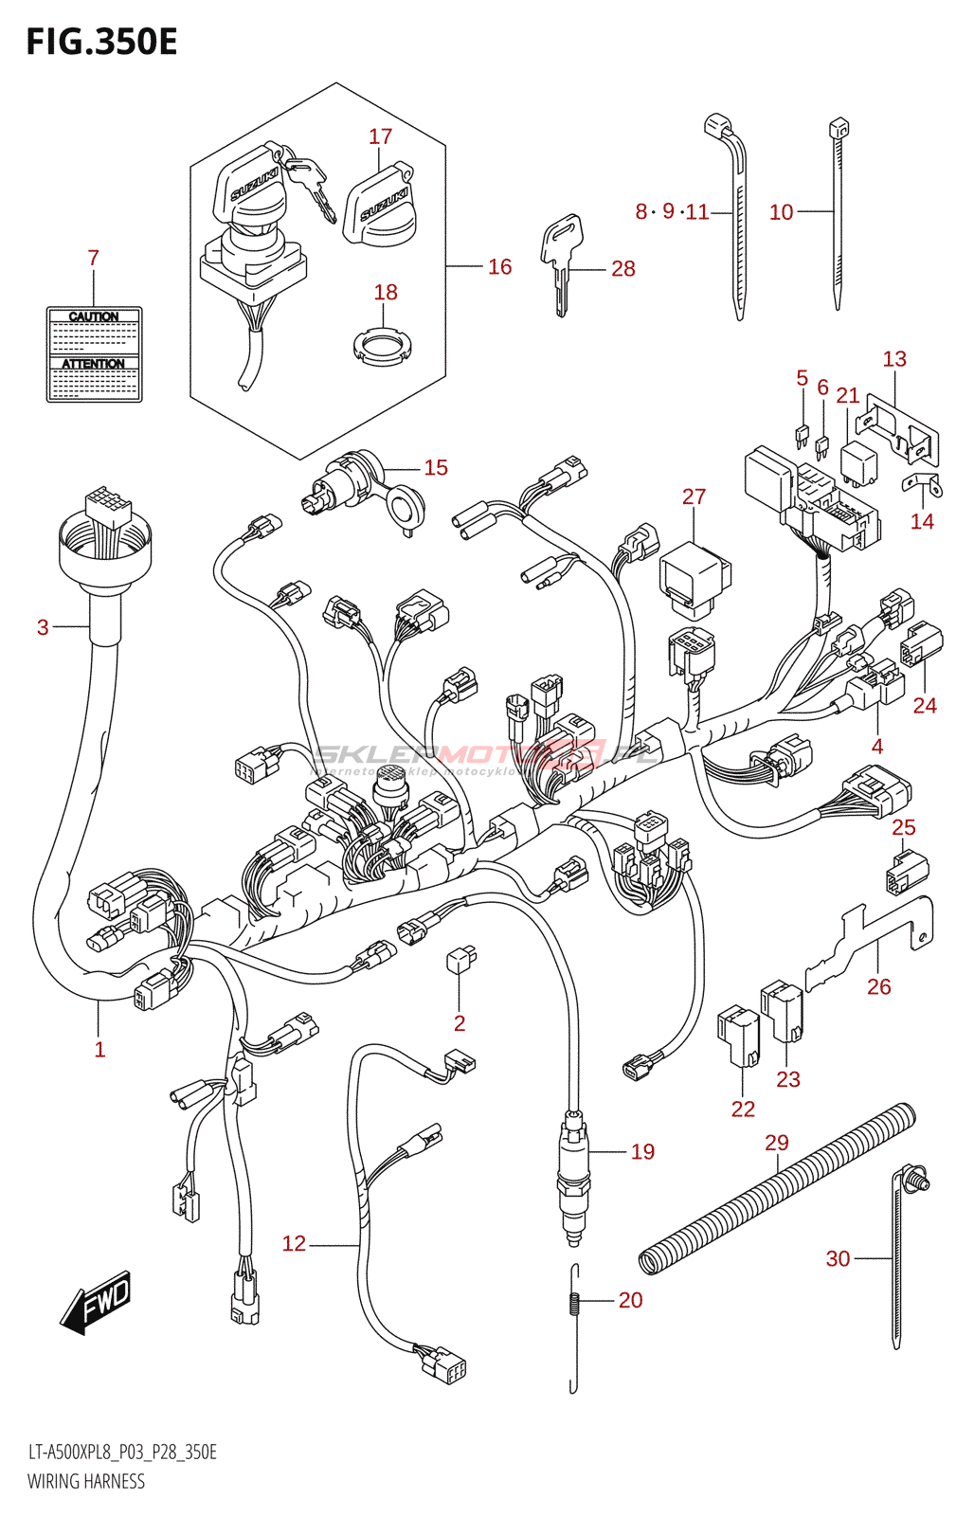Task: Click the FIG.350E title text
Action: pos(101,43)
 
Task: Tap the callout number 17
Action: pos(380,136)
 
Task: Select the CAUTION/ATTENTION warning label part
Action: pos(94,354)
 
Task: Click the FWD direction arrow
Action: pos(96,1302)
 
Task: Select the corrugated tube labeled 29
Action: pos(777,1189)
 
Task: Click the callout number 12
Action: pos(294,1243)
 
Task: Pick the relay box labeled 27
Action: pos(694,573)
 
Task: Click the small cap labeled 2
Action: pos(460,960)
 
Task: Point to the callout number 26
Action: pos(878,986)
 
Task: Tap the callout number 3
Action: pos(43,626)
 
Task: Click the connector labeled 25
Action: pos(907,873)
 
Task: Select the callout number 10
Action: pos(781,212)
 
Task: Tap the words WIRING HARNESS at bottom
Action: pos(86,1481)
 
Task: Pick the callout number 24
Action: pos(924,705)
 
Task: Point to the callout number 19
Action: pos(642,1151)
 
